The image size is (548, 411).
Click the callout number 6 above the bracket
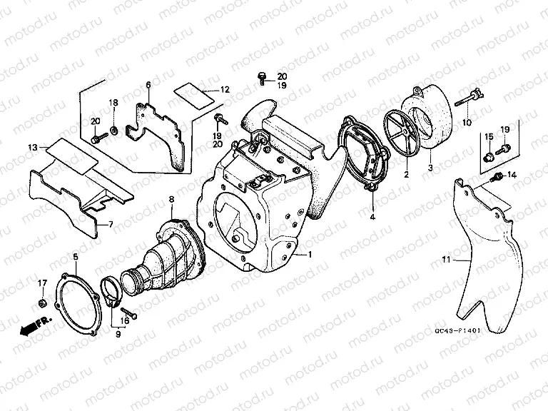[x=148, y=85]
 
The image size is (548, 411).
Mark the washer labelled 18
[x=113, y=131]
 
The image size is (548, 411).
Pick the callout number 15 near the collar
[x=489, y=137]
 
